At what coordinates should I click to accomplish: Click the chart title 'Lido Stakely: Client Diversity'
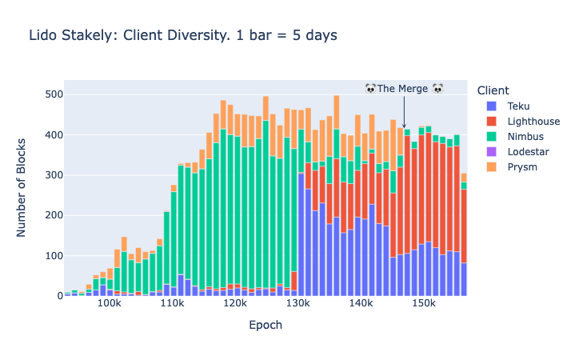[183, 35]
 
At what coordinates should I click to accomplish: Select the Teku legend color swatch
[492, 106]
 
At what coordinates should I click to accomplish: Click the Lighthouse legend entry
[533, 122]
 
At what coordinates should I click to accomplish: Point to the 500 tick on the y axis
[54, 94]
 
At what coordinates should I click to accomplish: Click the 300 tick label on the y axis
[54, 175]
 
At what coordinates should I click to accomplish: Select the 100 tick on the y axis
[54, 256]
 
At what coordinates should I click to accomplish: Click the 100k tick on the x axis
[109, 305]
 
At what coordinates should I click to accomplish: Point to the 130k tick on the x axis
[298, 305]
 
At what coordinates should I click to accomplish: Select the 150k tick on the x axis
[424, 305]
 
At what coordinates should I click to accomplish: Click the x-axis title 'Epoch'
[266, 326]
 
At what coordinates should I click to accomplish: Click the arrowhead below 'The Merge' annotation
[404, 126]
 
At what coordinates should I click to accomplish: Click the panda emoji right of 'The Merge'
[437, 88]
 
